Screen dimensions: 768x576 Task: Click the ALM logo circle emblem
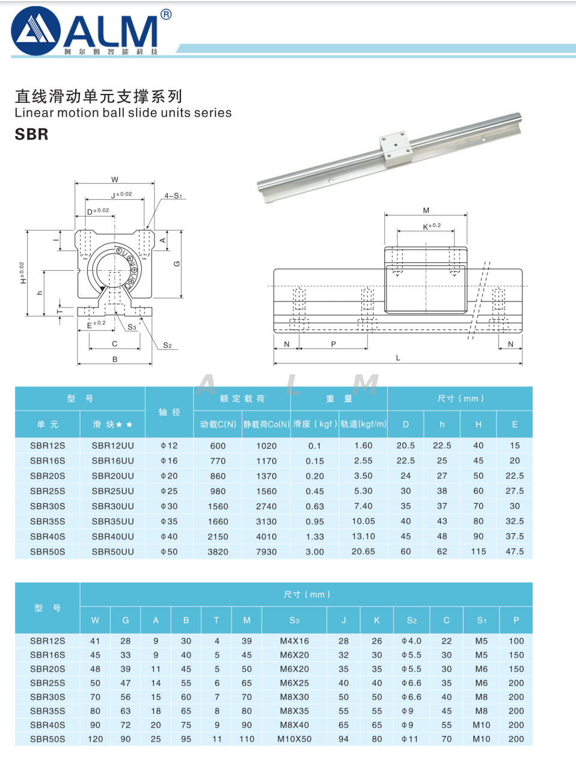point(35,31)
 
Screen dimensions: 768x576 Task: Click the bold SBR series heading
point(31,134)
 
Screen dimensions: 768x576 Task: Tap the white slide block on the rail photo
point(394,149)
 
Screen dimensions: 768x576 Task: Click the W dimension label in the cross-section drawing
point(115,179)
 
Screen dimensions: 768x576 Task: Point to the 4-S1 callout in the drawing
point(173,196)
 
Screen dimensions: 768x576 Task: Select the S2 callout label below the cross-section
point(167,345)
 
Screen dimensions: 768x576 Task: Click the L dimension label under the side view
point(398,358)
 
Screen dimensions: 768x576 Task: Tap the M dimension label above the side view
point(426,211)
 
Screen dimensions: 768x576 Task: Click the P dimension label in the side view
point(334,344)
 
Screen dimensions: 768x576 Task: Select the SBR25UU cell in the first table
point(113,491)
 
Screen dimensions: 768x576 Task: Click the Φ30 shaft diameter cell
point(169,506)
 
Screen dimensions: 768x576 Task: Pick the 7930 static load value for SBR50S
point(266,552)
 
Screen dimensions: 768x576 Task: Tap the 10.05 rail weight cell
point(363,521)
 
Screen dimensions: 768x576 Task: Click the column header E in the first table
point(515,424)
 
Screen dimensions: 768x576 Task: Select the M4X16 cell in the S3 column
point(295,641)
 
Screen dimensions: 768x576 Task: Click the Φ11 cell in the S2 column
point(410,739)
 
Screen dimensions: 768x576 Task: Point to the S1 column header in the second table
point(482,621)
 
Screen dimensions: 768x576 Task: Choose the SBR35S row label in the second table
point(47,711)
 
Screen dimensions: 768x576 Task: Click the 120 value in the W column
point(96,739)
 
